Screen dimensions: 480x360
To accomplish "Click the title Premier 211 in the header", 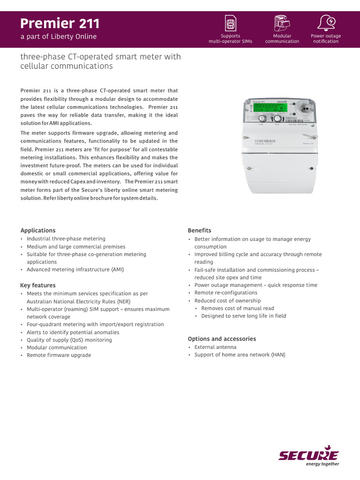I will [60, 23].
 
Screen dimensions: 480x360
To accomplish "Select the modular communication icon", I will [282, 22].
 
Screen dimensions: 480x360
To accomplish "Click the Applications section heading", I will [38, 230].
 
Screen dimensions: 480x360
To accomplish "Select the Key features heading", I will [38, 285].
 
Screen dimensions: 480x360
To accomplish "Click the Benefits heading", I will [199, 230].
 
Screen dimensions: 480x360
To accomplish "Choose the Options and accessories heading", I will [222, 338].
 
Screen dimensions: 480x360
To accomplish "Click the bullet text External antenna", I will [215, 347].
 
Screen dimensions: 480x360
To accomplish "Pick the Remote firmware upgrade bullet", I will [59, 355].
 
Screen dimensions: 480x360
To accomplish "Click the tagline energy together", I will [322, 464].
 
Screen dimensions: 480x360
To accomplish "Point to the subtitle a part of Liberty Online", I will [59, 37].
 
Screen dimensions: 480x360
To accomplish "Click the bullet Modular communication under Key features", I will [57, 347].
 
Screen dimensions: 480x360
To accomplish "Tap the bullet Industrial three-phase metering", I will [66, 239].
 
